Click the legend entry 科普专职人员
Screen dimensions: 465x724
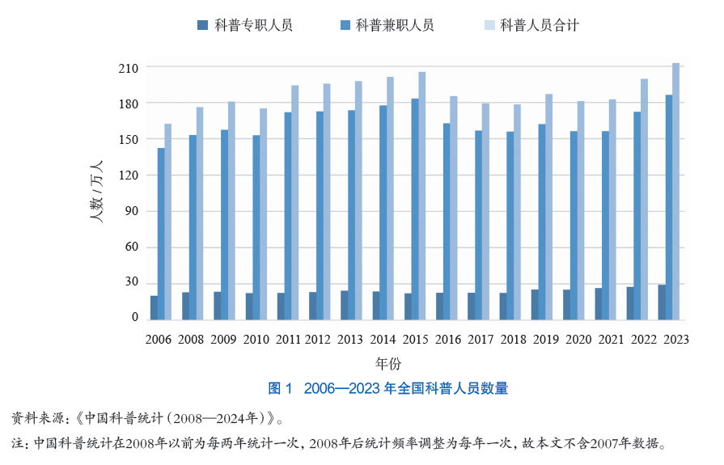244,25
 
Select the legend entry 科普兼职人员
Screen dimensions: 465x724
386,25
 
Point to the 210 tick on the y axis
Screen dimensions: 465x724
129,68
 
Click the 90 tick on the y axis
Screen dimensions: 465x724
132,211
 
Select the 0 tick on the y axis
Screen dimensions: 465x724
135,318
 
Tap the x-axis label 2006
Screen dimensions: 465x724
159,340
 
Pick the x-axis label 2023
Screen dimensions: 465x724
674,340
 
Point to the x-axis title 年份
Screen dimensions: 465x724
387,363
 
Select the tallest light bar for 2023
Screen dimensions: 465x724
676,191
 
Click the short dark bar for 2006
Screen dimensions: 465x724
154,307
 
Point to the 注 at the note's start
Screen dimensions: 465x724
17,443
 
